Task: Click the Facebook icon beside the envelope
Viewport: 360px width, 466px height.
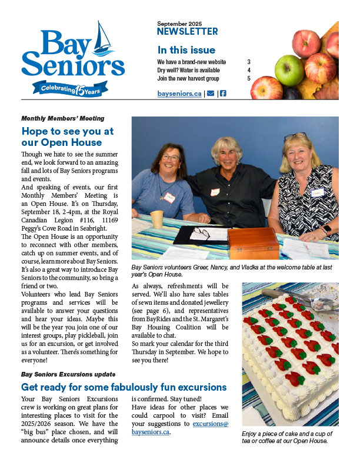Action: pos(223,94)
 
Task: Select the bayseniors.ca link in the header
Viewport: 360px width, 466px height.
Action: pos(179,94)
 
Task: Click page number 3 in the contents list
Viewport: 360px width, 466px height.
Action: pos(249,62)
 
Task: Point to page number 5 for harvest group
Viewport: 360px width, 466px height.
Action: pos(249,78)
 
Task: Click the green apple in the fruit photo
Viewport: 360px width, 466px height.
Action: pos(289,69)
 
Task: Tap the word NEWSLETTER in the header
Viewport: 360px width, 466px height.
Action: pos(188,32)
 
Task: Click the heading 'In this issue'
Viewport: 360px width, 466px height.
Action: pos(186,50)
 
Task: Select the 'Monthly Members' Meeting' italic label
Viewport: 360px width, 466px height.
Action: pos(62,118)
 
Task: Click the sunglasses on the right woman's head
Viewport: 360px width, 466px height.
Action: pos(295,137)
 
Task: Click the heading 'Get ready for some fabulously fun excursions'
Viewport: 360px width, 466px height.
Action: pos(124,387)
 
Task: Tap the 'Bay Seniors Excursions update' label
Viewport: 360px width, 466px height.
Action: pos(68,374)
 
